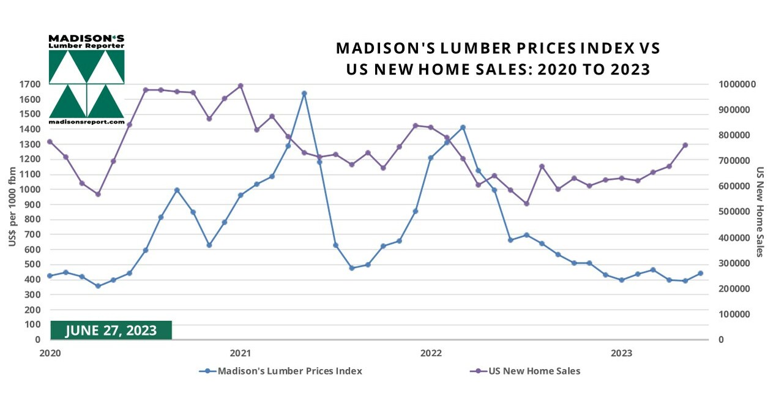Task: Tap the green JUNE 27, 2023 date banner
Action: (x=111, y=330)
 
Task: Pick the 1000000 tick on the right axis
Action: (x=739, y=84)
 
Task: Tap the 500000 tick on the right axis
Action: (x=737, y=212)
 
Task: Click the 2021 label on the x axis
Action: (x=240, y=353)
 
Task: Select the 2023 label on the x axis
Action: (x=622, y=353)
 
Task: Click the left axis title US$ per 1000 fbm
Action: (x=12, y=211)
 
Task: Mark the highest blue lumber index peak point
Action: (x=304, y=94)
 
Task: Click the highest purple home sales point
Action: (x=241, y=86)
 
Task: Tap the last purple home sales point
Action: (x=685, y=145)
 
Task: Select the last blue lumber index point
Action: (x=700, y=274)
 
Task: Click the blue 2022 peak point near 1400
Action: (x=463, y=127)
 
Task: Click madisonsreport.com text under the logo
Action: (x=86, y=122)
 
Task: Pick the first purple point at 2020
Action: (x=50, y=142)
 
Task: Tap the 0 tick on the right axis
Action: (x=722, y=340)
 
